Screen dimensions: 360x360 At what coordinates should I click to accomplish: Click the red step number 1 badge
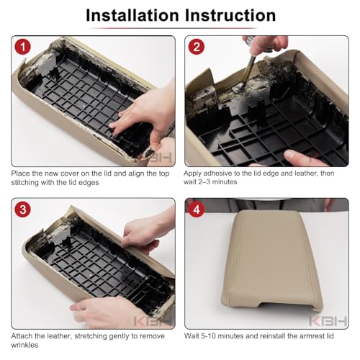[x=23, y=47]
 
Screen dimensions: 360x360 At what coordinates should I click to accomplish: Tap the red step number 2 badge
[x=197, y=47]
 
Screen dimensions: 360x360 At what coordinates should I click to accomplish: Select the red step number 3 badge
[x=23, y=210]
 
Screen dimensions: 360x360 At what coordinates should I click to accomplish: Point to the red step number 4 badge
[x=197, y=210]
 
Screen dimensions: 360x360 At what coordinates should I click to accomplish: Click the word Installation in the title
[x=132, y=15]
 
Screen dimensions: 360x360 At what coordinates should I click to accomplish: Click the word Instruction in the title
[x=230, y=15]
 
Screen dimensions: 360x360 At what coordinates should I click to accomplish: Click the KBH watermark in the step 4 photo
[x=328, y=321]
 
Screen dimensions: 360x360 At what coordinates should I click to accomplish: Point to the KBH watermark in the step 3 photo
[x=153, y=321]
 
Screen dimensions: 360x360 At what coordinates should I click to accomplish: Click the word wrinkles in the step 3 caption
[x=24, y=345]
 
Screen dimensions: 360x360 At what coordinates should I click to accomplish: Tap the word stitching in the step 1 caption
[x=25, y=183]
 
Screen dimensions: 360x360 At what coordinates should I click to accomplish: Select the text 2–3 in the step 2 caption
[x=204, y=182]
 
